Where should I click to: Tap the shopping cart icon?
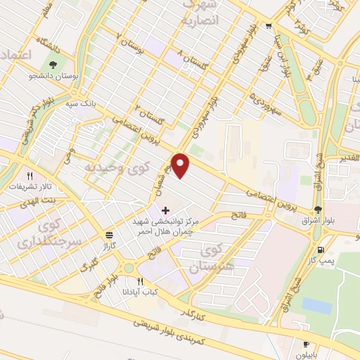[x=269, y=27]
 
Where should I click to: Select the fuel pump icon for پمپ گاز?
[x=321, y=249]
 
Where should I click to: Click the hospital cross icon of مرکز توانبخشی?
[x=165, y=210]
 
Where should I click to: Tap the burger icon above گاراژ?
[x=108, y=236]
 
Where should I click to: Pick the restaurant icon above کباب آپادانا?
[x=141, y=281]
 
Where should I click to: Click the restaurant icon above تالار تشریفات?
[x=30, y=176]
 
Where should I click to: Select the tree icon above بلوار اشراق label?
[x=319, y=209]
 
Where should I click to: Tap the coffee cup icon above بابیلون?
[x=306, y=343]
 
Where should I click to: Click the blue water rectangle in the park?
[x=316, y=306]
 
